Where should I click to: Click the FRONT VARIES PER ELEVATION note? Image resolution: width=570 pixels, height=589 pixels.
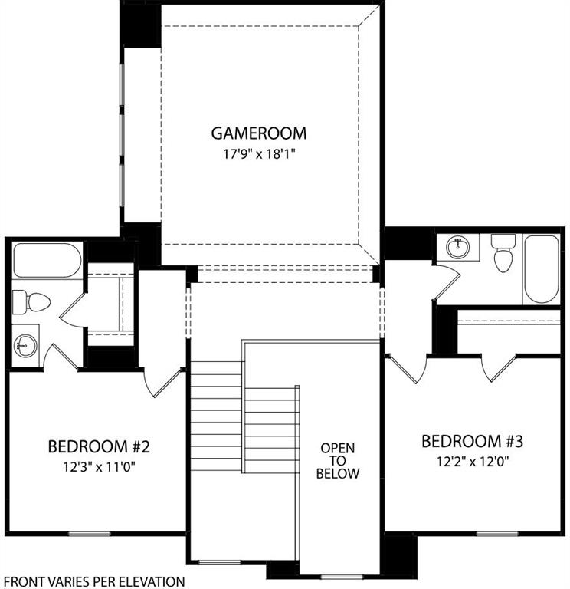[93, 582]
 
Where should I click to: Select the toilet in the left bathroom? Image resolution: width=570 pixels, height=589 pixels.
[32, 301]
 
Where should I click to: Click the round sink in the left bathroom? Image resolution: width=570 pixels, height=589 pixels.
[26, 345]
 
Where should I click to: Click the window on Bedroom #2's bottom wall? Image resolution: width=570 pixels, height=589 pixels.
[90, 533]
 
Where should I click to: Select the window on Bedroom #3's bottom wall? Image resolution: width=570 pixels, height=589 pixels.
[498, 533]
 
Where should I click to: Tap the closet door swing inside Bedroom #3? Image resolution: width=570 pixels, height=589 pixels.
[498, 368]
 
